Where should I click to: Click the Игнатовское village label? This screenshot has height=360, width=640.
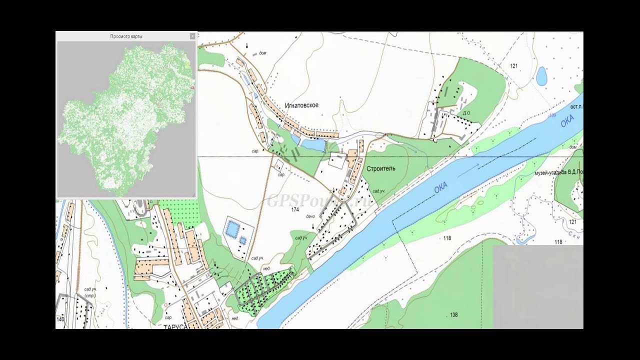tap(301, 105)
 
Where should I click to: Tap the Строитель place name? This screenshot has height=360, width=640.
tap(380, 168)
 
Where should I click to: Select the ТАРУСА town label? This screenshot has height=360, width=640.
tap(174, 326)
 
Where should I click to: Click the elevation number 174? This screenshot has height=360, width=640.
tap(295, 209)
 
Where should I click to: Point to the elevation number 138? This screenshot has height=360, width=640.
tap(453, 315)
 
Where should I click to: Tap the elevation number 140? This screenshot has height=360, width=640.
tap(60, 319)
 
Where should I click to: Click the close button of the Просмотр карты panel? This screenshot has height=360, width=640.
tap(192, 36)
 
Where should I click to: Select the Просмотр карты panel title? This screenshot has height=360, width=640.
tap(125, 36)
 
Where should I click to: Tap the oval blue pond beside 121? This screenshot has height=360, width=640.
tap(541, 76)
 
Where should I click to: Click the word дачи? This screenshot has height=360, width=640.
tap(310, 216)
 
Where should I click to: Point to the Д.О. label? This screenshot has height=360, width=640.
tap(467, 113)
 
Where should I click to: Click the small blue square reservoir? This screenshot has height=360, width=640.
tap(243, 240)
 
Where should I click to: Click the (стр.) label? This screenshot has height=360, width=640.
tap(90, 296)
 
